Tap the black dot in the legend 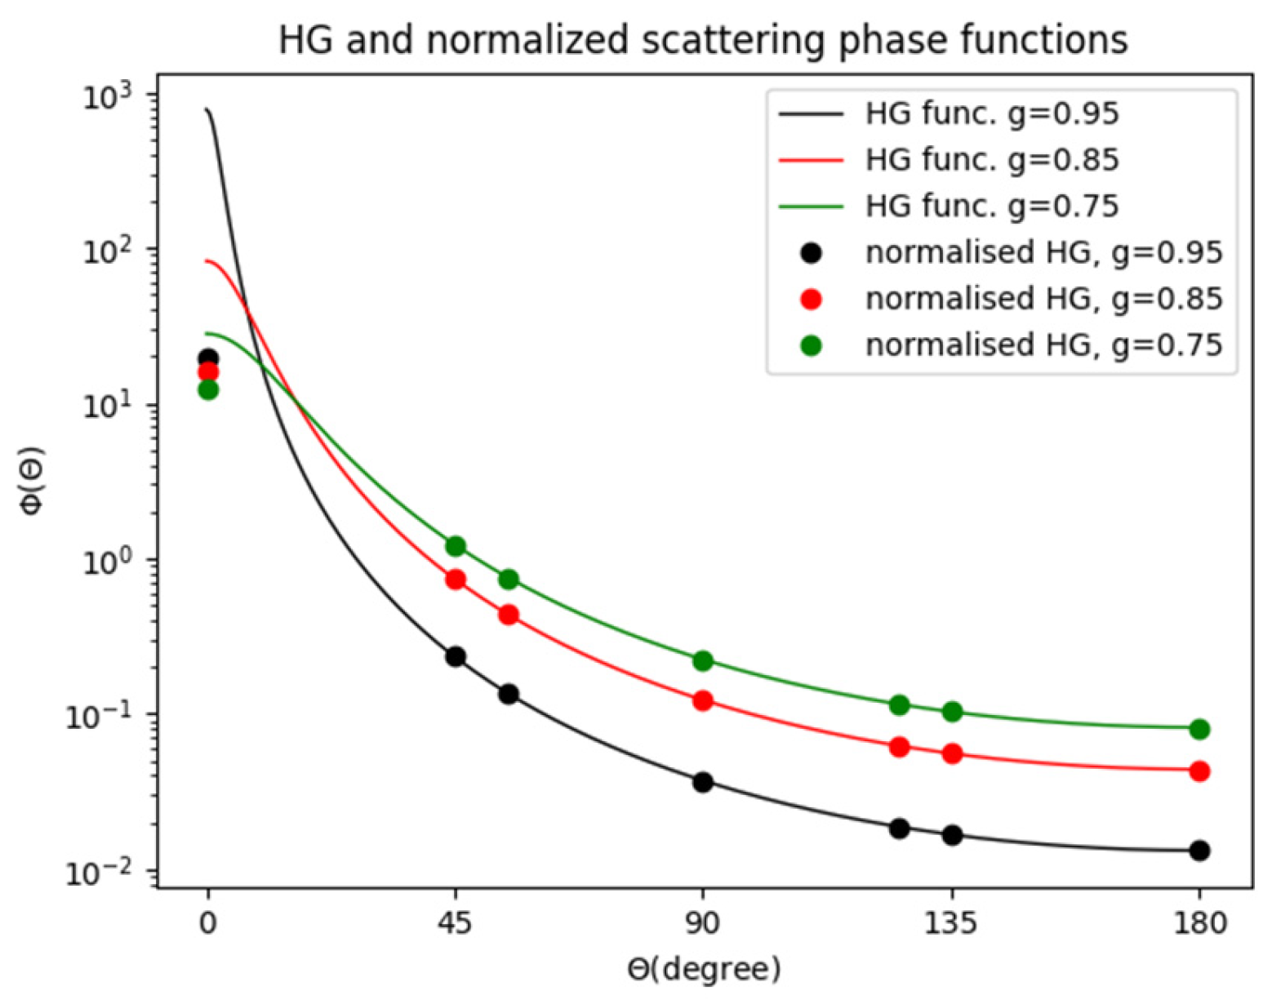[x=811, y=253]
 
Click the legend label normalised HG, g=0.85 [x=1044, y=299]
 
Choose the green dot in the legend [x=811, y=345]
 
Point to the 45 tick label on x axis [x=455, y=923]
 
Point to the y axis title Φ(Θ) [x=33, y=481]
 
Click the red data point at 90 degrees [x=703, y=700]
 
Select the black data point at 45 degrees [x=455, y=656]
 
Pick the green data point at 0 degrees [x=208, y=389]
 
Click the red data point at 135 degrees [x=952, y=753]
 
